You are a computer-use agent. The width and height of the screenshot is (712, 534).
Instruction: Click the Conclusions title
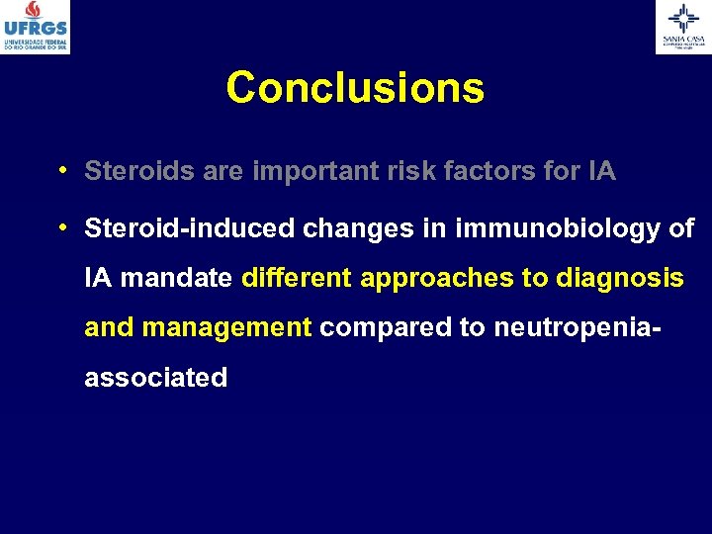355,87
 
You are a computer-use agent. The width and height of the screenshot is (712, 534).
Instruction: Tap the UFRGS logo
36,27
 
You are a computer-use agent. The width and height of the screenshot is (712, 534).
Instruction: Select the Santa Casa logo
682,27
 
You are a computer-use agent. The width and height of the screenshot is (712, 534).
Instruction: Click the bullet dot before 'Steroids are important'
62,170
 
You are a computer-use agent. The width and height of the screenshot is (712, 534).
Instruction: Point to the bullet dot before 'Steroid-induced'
62,227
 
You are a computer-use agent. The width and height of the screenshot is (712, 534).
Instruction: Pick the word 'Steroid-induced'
191,229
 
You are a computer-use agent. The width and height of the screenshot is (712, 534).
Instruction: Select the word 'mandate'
175,279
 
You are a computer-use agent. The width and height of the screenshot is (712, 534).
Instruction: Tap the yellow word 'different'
297,279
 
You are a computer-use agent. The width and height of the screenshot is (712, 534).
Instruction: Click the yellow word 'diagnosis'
619,279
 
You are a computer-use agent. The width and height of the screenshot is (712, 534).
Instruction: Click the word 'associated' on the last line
156,377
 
